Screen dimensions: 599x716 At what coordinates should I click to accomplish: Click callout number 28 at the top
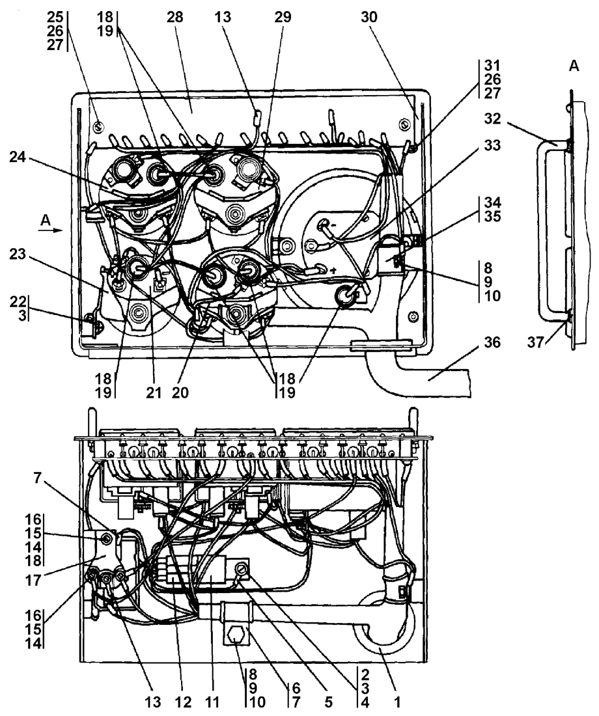[174, 17]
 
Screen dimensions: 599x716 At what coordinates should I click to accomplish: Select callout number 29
[283, 17]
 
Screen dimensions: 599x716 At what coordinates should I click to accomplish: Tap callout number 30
[369, 17]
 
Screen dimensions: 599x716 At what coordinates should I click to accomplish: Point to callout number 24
[18, 158]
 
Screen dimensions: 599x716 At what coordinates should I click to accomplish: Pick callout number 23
[18, 254]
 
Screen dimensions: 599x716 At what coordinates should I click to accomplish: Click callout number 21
[154, 392]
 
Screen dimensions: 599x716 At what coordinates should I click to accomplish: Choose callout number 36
[492, 342]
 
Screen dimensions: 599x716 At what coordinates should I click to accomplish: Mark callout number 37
[535, 342]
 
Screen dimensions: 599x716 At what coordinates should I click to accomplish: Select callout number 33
[492, 146]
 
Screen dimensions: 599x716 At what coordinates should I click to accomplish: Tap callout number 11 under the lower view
[212, 702]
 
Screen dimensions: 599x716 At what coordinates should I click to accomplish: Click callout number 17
[33, 581]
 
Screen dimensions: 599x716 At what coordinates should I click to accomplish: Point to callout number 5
[328, 702]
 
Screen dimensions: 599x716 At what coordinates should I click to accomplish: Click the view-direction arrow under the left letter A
[50, 230]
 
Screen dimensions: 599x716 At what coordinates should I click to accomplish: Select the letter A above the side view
[574, 66]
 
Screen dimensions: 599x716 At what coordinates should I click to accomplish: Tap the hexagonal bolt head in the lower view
[235, 635]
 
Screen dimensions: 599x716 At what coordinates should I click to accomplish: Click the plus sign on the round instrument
[334, 271]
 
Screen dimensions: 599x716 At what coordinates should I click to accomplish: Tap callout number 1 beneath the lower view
[397, 702]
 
